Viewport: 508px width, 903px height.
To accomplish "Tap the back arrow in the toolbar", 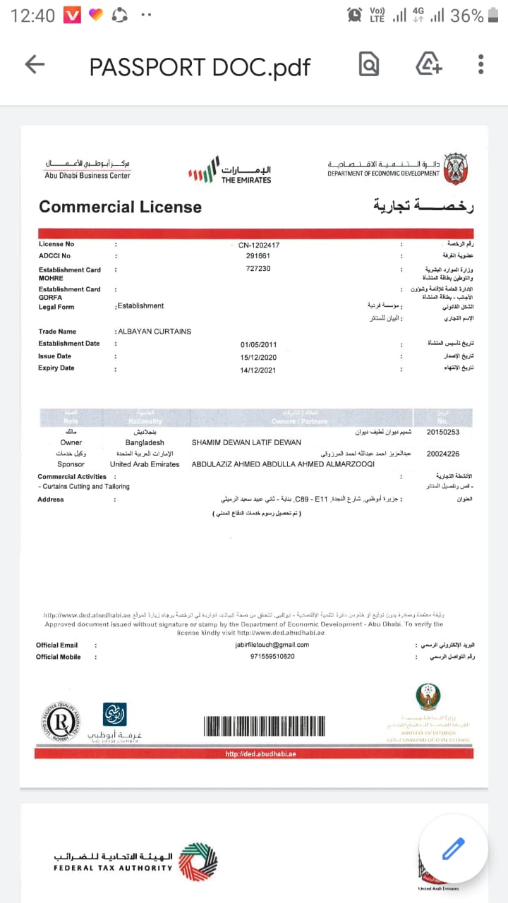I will click(x=35, y=65).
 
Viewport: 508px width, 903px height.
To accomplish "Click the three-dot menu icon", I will click(x=480, y=65).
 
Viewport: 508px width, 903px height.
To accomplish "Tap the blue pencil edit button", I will click(x=453, y=849).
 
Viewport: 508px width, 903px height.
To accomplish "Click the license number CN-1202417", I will click(x=260, y=246).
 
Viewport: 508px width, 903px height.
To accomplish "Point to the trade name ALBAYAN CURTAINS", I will click(x=155, y=332).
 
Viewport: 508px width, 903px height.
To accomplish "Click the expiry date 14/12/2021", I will click(x=256, y=369).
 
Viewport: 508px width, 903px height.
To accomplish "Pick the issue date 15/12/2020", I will click(x=256, y=357).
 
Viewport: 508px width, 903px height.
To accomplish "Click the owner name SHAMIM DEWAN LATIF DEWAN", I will click(x=246, y=442).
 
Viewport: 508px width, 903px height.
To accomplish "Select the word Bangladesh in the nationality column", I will click(x=145, y=442).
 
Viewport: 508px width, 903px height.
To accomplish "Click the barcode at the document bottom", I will click(x=265, y=727).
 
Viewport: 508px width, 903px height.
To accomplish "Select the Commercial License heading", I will click(x=120, y=207).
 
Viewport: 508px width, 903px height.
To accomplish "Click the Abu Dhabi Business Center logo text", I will click(x=87, y=176).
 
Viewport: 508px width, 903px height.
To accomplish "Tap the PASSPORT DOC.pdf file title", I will click(x=200, y=66).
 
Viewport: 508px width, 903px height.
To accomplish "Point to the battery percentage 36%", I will click(x=467, y=16).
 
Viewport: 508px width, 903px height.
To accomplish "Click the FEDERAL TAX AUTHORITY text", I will click(x=113, y=868).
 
